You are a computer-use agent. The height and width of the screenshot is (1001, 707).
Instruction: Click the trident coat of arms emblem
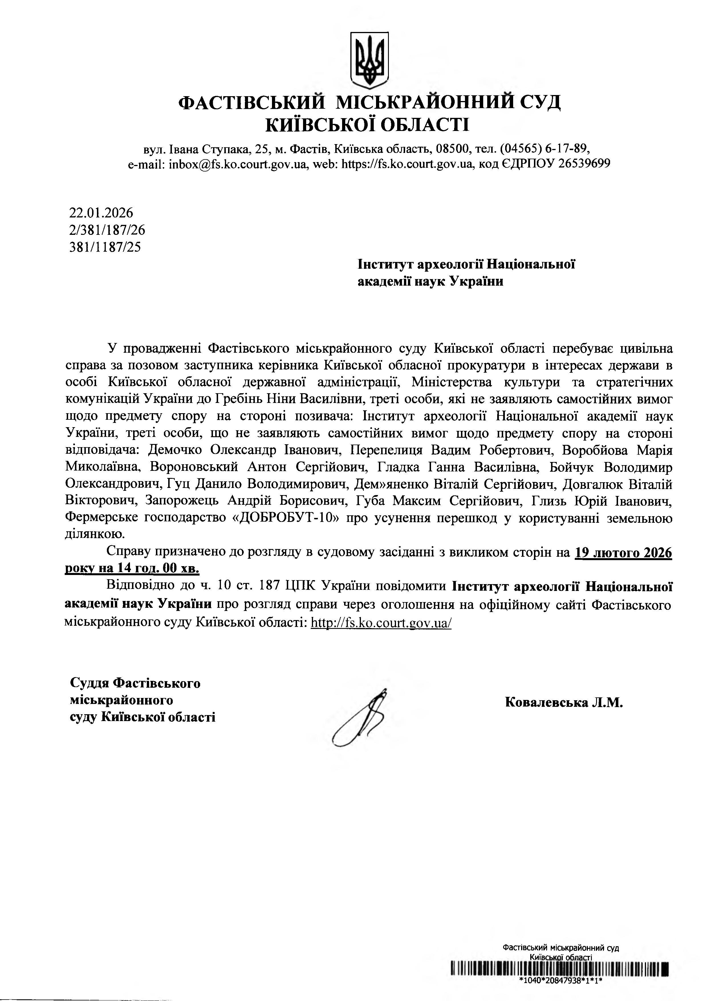click(369, 59)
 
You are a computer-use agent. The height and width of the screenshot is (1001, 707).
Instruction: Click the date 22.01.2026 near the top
click(101, 213)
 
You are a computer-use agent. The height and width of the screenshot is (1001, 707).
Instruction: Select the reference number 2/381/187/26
click(107, 230)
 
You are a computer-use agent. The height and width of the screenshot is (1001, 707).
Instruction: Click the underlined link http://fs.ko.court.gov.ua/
click(381, 623)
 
